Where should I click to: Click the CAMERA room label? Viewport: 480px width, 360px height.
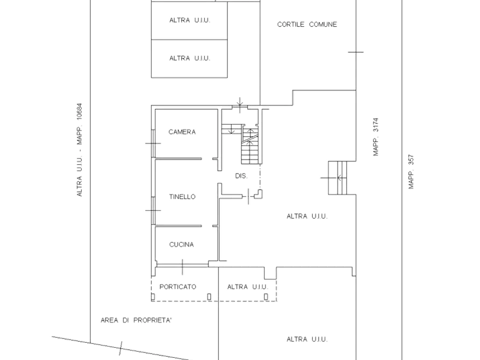(182, 132)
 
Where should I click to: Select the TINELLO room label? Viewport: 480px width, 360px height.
(182, 197)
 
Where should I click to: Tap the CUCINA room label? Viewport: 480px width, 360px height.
(182, 244)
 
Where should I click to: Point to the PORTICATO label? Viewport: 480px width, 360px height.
(178, 287)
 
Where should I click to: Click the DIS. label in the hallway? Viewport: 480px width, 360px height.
(241, 176)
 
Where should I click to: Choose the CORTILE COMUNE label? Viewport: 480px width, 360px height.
(307, 25)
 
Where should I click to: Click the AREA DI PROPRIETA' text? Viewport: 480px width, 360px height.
(136, 320)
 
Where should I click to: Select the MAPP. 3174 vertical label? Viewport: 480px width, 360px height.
(376, 137)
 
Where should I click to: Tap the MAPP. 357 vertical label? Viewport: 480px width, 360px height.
(411, 172)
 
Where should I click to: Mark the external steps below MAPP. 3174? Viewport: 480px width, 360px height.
(338, 178)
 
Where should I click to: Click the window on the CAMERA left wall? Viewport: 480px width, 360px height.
(153, 143)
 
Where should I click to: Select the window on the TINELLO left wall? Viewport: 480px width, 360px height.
(153, 210)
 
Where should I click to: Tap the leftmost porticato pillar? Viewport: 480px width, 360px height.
(153, 297)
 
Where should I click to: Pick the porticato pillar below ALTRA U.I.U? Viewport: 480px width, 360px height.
(266, 297)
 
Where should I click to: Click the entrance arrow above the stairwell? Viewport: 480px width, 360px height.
(240, 102)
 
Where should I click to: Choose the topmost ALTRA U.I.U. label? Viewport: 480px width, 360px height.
(190, 20)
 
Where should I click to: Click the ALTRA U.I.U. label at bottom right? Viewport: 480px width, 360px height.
(307, 339)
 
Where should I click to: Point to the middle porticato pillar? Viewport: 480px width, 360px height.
(209, 297)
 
